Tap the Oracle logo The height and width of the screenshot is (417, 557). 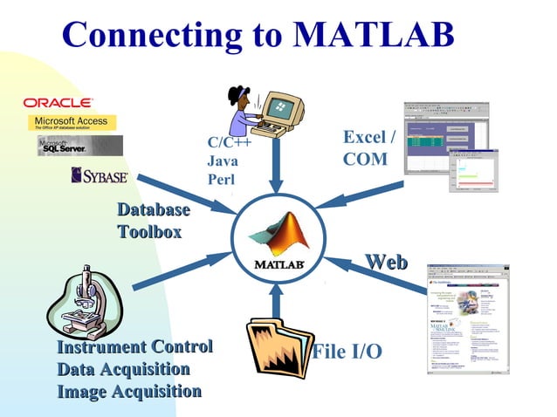(58, 103)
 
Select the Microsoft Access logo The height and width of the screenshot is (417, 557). (72, 121)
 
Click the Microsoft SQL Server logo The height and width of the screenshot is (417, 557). (79, 145)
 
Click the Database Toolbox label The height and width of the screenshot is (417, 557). (154, 221)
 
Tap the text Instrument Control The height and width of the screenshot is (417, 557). (134, 346)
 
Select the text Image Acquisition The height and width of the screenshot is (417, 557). (129, 391)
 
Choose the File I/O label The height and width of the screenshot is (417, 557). (347, 352)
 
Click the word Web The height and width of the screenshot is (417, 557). (386, 261)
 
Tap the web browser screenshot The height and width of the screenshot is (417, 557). (466, 318)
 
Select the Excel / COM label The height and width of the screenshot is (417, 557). (368, 148)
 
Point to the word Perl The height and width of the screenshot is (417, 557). (222, 179)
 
